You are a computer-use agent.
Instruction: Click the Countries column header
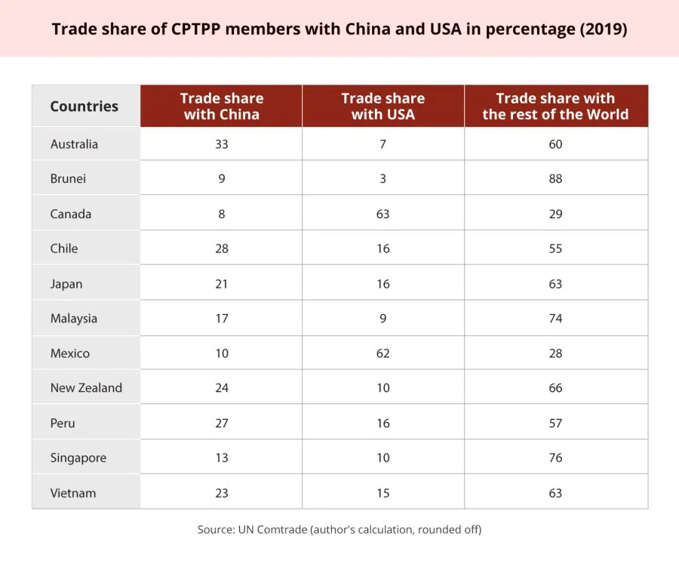tap(84, 106)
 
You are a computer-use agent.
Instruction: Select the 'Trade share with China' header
tap(221, 106)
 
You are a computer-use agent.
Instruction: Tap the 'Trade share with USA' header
tap(383, 106)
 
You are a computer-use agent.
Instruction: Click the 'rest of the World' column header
tap(555, 106)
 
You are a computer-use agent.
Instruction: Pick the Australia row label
tap(74, 144)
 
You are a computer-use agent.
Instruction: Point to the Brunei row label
tap(68, 179)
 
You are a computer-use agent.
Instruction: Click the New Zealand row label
tap(86, 388)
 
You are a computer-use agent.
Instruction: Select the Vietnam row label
tap(73, 493)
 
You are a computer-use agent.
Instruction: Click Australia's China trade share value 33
tap(221, 144)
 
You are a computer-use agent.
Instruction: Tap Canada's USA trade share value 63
tap(383, 214)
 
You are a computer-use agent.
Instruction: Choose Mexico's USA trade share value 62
tap(383, 353)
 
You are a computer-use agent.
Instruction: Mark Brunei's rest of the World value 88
tap(555, 179)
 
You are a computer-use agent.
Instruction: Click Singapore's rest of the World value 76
tap(555, 458)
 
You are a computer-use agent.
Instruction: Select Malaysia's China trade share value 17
tap(221, 319)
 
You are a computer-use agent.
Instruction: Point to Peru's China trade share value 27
tap(221, 423)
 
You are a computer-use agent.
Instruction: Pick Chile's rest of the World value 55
tap(555, 248)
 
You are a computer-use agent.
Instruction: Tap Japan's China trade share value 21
tap(221, 284)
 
